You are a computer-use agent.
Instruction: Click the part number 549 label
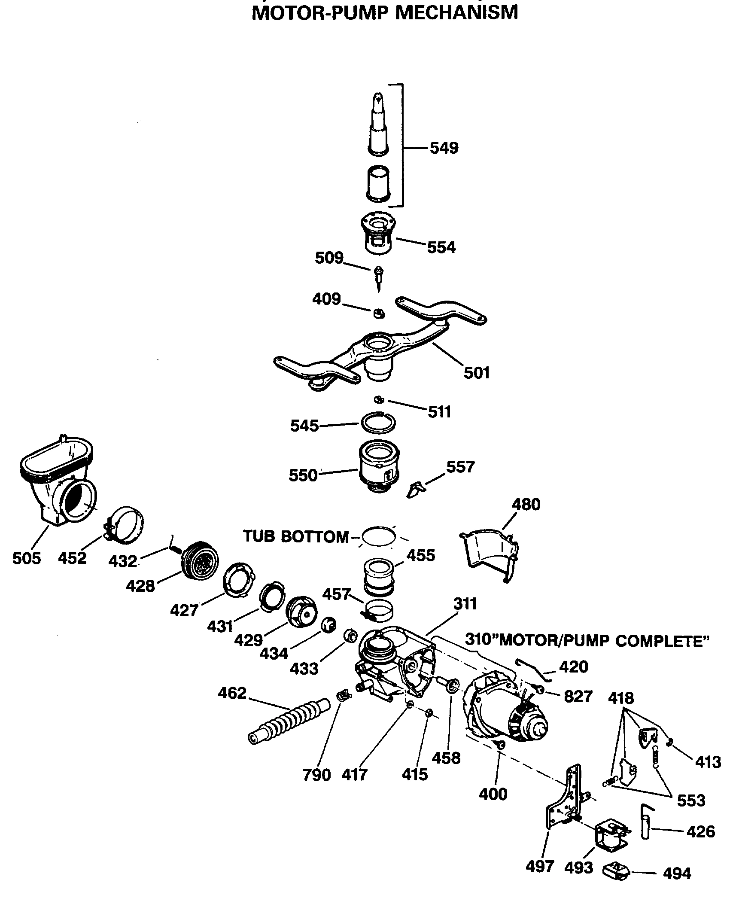point(444,148)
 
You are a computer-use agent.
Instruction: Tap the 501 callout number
point(476,372)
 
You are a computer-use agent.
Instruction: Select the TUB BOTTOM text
point(296,536)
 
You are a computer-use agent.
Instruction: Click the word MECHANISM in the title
point(456,12)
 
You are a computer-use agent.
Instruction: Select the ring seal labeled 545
point(378,423)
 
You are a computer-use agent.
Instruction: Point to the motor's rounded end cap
point(538,725)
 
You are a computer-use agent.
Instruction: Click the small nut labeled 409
point(378,314)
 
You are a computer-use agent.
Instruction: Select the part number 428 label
point(140,585)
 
